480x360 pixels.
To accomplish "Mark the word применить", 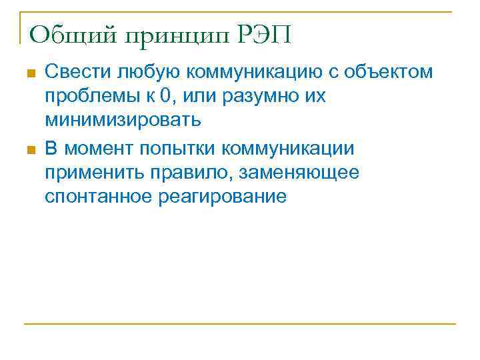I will click(x=89, y=173).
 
